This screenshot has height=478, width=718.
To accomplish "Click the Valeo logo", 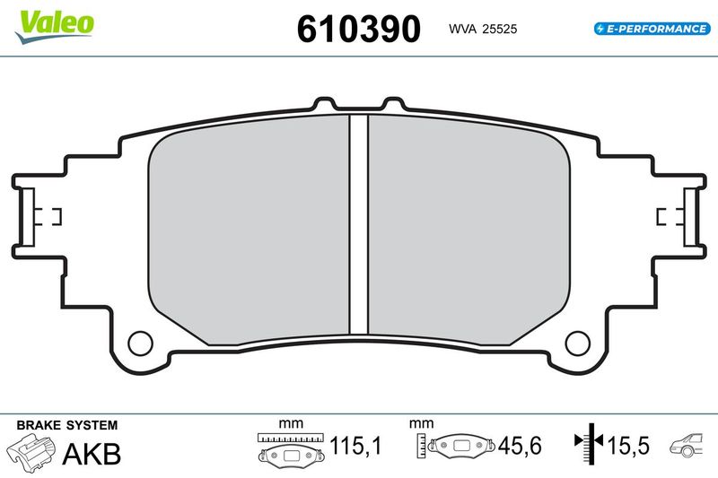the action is [x=55, y=27].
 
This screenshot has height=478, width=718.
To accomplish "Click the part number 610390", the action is [x=358, y=29].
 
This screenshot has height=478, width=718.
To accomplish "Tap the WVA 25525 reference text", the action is [x=483, y=29].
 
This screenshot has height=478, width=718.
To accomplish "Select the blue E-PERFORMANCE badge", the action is [x=652, y=29].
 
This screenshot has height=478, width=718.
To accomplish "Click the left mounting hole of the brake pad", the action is [x=140, y=343].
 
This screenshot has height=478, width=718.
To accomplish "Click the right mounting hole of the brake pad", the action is [x=577, y=343].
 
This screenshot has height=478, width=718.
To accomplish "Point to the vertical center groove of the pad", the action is [x=358, y=224].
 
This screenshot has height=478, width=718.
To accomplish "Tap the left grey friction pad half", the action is [x=249, y=229].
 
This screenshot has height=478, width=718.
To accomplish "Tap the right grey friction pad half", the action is [x=469, y=229].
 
